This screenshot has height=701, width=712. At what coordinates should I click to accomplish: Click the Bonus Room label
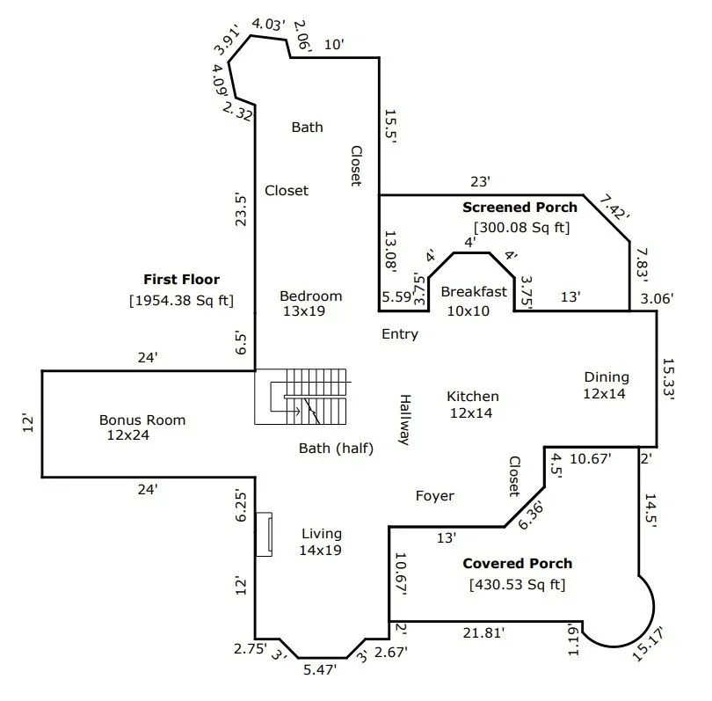[x=142, y=420]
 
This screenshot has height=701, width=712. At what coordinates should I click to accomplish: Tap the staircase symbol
[x=300, y=397]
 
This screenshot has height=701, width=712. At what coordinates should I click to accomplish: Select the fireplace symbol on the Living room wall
[x=264, y=534]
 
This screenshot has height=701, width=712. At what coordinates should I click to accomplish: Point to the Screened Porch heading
[x=519, y=208]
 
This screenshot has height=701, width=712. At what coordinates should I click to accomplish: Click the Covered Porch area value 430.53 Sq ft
[x=517, y=584]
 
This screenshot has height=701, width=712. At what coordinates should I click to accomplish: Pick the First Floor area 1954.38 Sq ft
[x=182, y=300]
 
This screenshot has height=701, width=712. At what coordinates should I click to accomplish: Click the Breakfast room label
[x=474, y=292]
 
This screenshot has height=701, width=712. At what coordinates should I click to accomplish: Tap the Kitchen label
[x=473, y=397]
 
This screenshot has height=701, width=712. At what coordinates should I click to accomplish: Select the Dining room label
[x=607, y=377]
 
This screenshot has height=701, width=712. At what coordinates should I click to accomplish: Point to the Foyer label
[x=434, y=496]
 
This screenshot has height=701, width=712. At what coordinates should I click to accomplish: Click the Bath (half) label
[x=336, y=449]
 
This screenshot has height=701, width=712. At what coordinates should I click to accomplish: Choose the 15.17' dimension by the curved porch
[x=648, y=643]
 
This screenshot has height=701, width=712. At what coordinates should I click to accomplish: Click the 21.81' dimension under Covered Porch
[x=483, y=632]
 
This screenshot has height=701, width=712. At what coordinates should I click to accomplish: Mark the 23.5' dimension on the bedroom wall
[x=241, y=210]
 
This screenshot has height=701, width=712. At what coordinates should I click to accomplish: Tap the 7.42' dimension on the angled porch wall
[x=614, y=208]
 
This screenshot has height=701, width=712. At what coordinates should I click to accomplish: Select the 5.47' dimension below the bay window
[x=320, y=669]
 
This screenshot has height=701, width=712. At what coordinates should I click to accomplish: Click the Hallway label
[x=405, y=420]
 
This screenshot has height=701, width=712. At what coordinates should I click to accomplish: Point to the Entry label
[x=400, y=334]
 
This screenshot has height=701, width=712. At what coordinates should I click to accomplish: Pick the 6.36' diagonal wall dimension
[x=530, y=515]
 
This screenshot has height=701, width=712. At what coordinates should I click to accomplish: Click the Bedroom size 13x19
[x=304, y=311]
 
